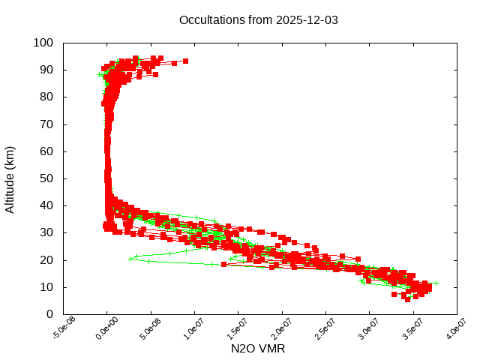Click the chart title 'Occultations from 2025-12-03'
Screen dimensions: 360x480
259,20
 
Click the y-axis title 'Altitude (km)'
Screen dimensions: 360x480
10,178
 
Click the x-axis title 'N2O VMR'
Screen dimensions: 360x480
258,349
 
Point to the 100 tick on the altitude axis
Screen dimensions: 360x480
43,43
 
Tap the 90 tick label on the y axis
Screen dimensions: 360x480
46,70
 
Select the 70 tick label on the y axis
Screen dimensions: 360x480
46,124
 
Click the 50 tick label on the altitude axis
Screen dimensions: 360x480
46,178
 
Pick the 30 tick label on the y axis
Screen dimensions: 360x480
46,232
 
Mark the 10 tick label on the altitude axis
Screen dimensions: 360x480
46,287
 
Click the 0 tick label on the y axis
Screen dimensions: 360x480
49,314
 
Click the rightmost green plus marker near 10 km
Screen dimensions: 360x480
436,283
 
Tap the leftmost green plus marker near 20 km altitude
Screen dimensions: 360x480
130,259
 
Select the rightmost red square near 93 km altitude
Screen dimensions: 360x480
185,61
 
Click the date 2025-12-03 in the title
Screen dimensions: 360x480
307,20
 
